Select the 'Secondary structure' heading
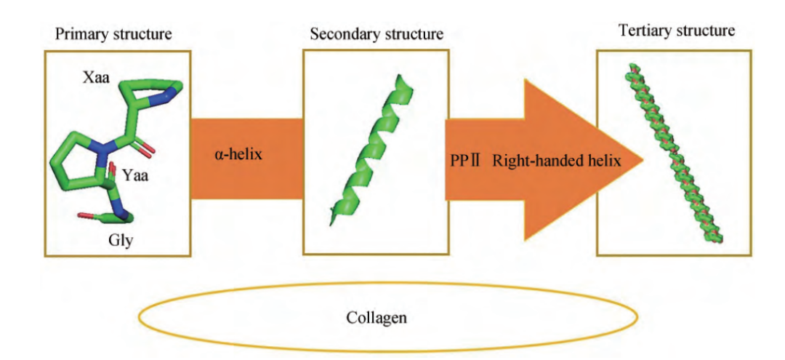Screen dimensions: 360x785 377,34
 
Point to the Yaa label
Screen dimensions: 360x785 137,175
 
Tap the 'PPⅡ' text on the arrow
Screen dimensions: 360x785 464,161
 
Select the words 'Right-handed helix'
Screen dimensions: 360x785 557,161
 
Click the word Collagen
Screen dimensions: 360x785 377,318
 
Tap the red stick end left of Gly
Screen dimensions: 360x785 82,216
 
